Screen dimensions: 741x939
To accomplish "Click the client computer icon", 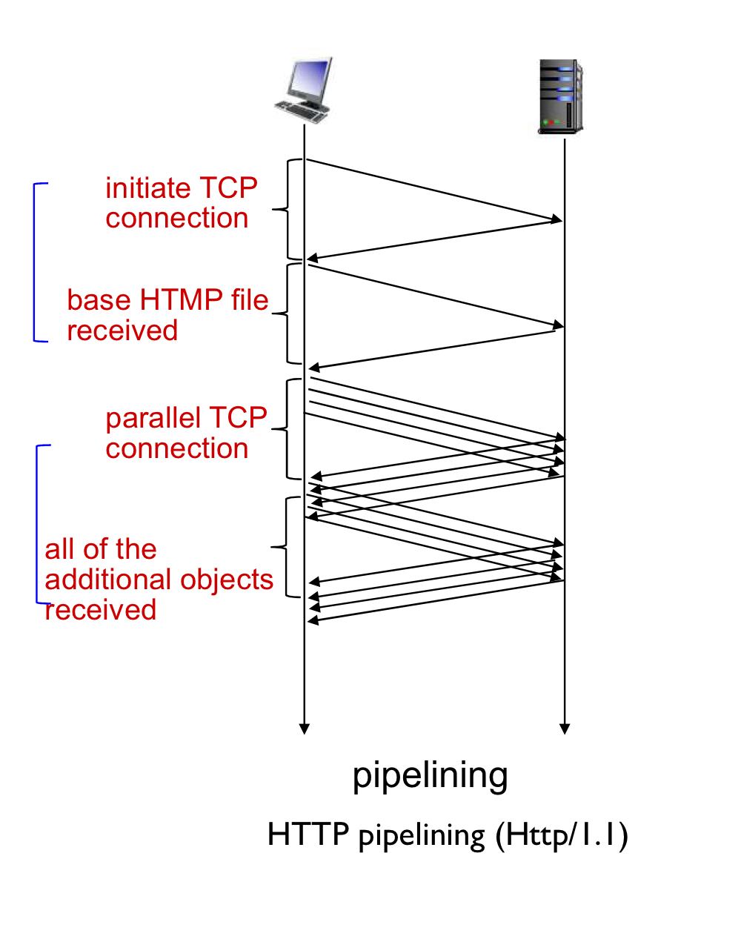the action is point(303,90).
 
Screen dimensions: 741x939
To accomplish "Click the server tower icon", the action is point(560,96).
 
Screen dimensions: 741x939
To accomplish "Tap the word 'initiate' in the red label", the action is point(148,188).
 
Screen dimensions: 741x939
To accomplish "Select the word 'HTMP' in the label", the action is point(182,300).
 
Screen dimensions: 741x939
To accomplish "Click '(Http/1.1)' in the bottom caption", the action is point(562,835).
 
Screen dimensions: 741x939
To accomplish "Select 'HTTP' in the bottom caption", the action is point(308,834).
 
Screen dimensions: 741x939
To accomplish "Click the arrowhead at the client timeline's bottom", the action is point(304,729).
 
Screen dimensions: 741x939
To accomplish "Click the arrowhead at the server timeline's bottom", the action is point(564,729).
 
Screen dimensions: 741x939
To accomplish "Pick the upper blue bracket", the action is point(34,262).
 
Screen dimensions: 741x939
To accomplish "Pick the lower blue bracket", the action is point(36,524).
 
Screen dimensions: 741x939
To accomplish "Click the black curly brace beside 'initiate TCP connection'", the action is point(288,210).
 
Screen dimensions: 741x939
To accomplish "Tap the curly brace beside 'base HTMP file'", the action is point(288,313).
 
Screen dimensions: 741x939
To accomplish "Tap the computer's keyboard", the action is point(301,112).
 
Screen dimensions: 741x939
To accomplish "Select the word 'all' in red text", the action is point(59,549).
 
